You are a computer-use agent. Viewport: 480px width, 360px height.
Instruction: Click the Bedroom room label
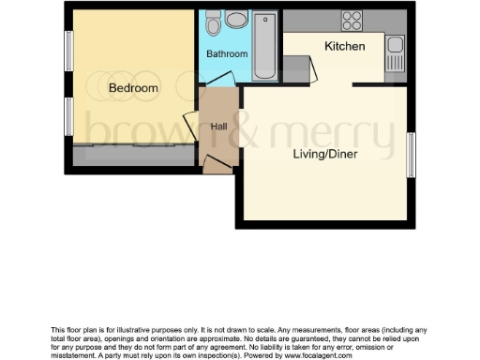click(x=133, y=88)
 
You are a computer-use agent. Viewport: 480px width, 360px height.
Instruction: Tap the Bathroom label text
click(x=226, y=54)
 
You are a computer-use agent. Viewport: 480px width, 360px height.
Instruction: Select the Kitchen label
click(x=345, y=46)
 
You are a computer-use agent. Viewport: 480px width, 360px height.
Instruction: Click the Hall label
click(x=218, y=125)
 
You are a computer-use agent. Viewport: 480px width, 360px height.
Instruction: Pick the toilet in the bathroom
click(x=213, y=21)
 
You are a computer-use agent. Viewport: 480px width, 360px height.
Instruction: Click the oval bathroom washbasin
click(x=236, y=19)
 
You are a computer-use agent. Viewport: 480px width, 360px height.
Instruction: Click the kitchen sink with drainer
click(x=395, y=53)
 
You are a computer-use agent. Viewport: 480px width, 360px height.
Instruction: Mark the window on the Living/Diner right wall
click(x=411, y=155)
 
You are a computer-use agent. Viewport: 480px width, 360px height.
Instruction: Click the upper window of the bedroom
click(x=68, y=52)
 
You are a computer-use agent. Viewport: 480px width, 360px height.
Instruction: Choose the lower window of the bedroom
click(x=68, y=116)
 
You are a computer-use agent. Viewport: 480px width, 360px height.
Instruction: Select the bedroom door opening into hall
click(x=190, y=123)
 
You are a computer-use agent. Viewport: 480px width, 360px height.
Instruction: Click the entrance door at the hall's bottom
click(x=217, y=166)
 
